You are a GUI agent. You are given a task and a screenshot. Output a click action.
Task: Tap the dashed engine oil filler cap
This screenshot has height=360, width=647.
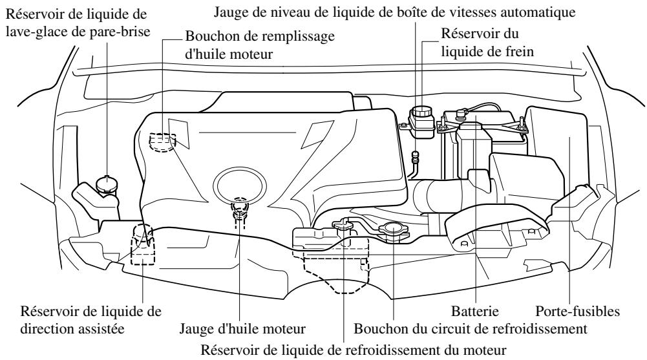tap(162, 141)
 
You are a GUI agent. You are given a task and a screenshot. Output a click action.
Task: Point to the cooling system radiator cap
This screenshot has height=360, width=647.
tap(392, 230)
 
